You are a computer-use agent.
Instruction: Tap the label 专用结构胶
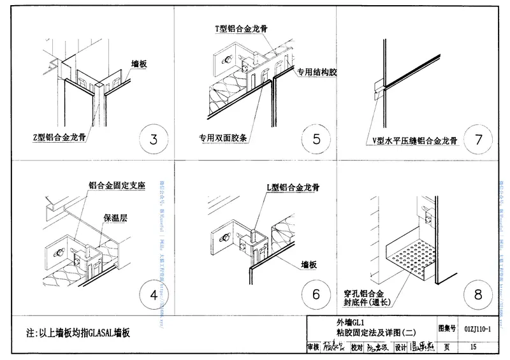point(316,72)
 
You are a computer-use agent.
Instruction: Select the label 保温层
point(115,217)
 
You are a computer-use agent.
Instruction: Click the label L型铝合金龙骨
point(293,187)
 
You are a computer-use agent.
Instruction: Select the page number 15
point(473,347)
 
